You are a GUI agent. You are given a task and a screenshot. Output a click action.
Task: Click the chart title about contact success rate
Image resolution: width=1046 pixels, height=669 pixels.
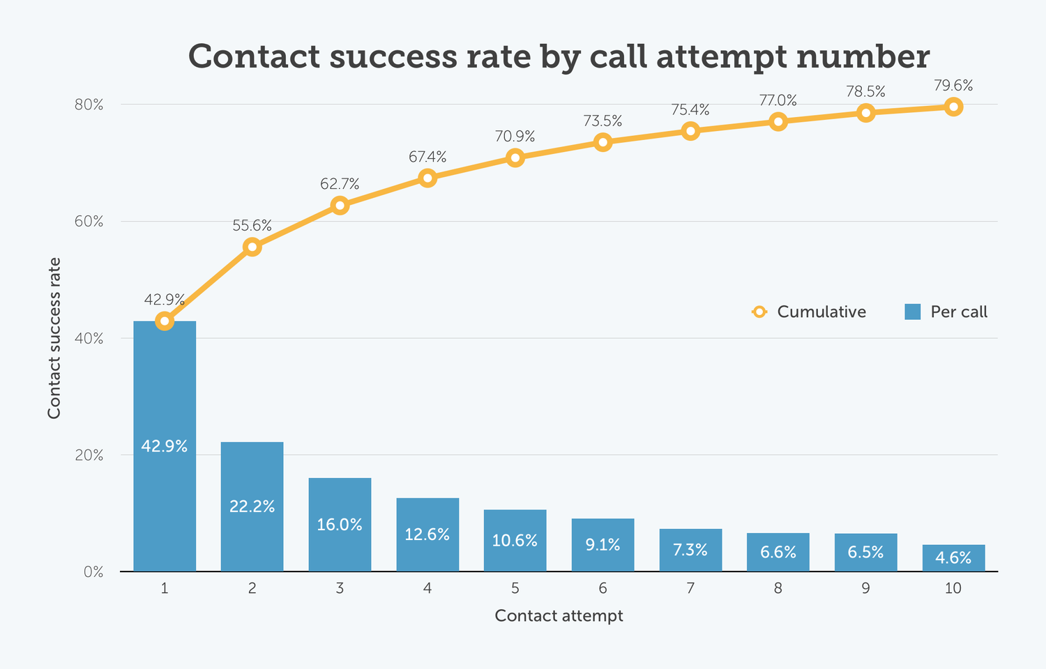(x=559, y=56)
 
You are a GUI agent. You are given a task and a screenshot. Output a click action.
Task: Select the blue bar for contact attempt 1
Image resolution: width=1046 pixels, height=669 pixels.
(x=165, y=446)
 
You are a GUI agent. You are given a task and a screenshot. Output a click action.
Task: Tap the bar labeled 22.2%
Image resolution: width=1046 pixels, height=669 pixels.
(x=252, y=507)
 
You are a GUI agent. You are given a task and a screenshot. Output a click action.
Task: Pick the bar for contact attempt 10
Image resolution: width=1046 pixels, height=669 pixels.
(x=953, y=558)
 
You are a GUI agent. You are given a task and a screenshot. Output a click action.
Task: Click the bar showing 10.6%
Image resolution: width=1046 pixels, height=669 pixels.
(x=515, y=541)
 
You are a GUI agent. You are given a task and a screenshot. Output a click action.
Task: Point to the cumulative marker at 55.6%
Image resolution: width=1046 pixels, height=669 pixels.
(x=252, y=247)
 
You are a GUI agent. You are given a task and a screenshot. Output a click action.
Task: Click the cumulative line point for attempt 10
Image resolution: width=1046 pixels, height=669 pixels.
(x=953, y=107)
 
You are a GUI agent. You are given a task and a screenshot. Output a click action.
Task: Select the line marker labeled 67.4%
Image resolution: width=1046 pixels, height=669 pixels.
(x=427, y=178)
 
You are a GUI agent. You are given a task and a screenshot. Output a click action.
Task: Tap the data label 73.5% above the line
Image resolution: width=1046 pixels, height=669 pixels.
(x=602, y=121)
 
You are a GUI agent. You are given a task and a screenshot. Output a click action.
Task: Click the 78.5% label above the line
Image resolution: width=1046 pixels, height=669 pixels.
(x=865, y=91)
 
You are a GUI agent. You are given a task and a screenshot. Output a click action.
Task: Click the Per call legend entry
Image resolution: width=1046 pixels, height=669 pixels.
(x=946, y=312)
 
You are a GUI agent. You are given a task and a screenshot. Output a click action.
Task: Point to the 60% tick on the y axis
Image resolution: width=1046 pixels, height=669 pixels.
(x=89, y=222)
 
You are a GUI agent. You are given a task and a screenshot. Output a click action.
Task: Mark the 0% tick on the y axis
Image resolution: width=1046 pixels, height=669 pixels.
(x=93, y=572)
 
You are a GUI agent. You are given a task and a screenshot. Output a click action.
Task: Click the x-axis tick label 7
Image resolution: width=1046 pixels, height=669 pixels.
(x=690, y=588)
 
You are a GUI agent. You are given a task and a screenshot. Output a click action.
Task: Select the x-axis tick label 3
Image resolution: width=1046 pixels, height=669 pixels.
(x=340, y=588)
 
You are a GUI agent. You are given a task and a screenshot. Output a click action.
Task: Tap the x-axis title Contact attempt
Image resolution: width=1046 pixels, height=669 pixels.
(x=559, y=616)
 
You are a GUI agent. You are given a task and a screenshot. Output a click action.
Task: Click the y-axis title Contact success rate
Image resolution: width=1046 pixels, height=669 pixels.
(x=54, y=338)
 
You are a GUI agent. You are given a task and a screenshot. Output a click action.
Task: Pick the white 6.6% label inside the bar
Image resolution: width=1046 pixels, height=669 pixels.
(x=778, y=553)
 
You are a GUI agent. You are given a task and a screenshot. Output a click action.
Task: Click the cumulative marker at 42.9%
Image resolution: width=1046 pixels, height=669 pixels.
(x=165, y=321)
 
